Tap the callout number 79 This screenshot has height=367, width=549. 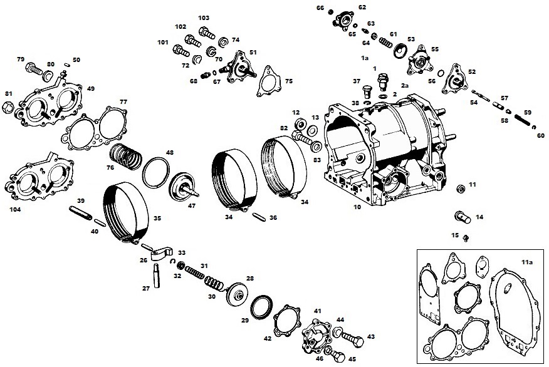coord(21,60)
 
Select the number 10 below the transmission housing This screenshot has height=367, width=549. coord(357,206)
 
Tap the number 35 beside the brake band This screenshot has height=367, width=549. coord(157,219)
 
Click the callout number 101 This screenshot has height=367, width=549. coord(163,43)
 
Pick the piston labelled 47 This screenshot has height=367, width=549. coord(182,186)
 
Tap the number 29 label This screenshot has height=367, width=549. coord(244,320)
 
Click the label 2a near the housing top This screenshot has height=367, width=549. coord(404,85)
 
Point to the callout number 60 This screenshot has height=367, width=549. coord(541,135)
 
